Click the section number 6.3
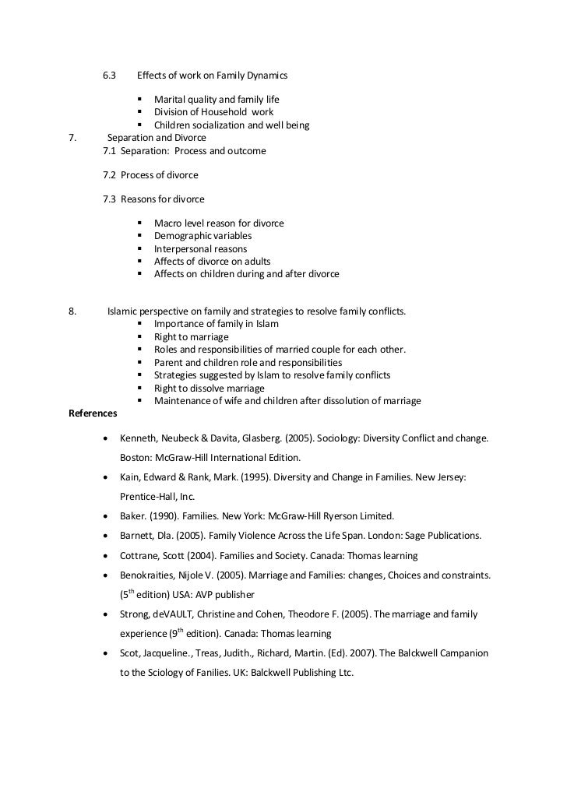pos(109,76)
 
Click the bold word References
pos(93,413)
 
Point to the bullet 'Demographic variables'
pos(202,236)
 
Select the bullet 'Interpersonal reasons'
pos(200,249)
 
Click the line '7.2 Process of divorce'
pos(151,175)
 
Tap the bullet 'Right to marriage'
pos(192,337)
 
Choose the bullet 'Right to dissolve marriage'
pos(210,388)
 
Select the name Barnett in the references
pos(138,536)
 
